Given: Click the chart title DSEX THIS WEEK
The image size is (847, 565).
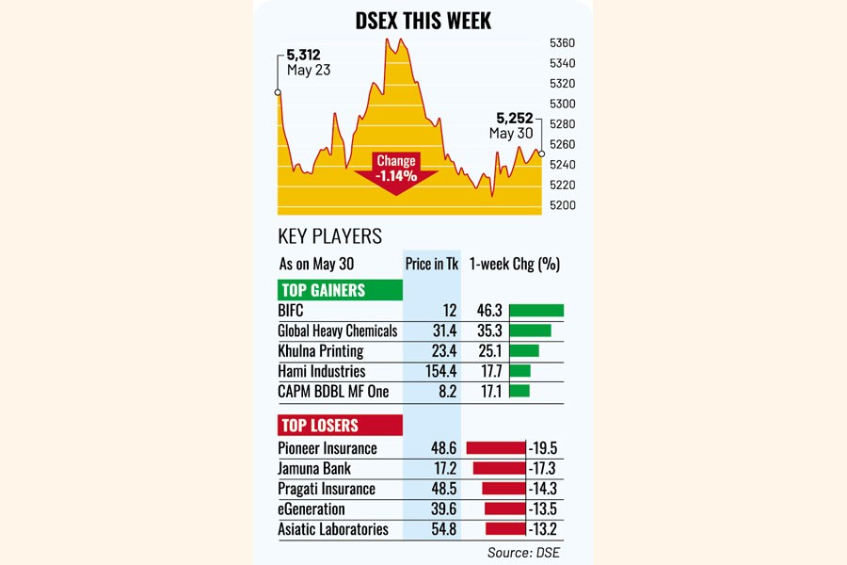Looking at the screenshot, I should pos(423,20).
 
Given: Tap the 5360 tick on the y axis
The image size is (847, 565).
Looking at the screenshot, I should pos(562,43).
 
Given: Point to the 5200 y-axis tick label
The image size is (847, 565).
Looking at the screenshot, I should pos(562,205).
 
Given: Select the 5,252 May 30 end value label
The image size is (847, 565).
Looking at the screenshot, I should pos(511,125).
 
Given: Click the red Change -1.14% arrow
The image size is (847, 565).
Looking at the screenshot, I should pos(396,170).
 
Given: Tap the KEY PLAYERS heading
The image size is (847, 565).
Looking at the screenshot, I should pos(329,236).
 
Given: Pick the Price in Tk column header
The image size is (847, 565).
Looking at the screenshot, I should pos(432,264).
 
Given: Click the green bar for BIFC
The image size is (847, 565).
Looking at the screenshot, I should pos(535,311).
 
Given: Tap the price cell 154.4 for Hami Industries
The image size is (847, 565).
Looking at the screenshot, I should pos(436,371).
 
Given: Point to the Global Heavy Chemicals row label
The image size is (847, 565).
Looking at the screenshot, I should pos(338,331).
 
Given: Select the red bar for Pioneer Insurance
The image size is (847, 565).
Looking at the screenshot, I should pos(495,448).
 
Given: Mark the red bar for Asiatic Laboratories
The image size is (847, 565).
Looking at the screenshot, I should pos(504,529).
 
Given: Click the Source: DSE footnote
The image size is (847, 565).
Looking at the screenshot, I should pos(523,552).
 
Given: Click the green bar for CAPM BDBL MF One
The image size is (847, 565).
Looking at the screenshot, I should pos(519,391).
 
